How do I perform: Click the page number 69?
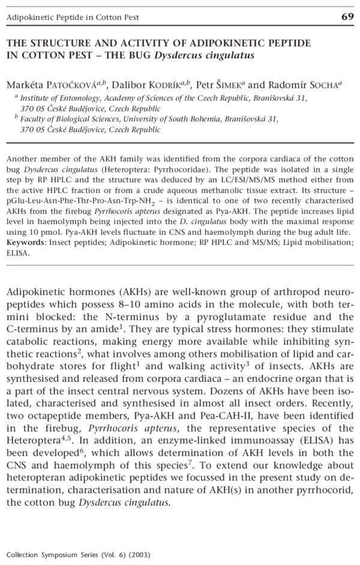pyautogui.click(x=347, y=16)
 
